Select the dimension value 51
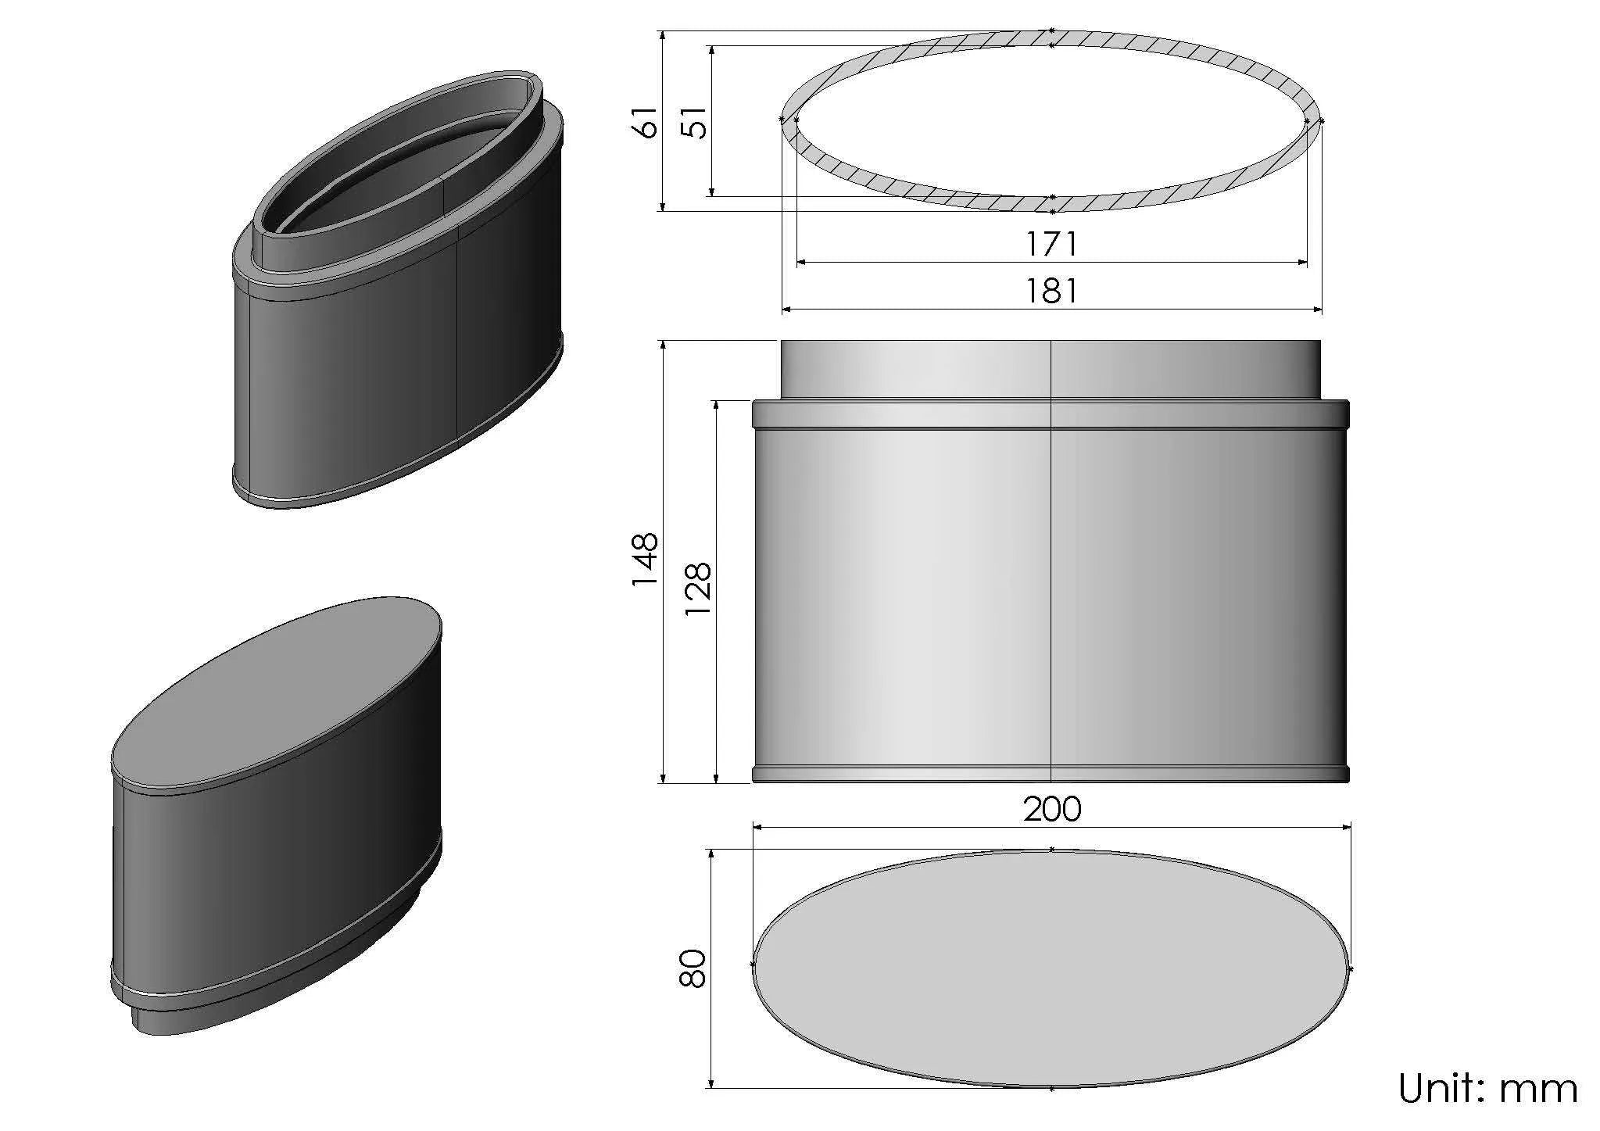point(695,121)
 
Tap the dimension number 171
point(1051,245)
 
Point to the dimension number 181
point(1051,292)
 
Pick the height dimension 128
point(698,589)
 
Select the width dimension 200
point(1052,809)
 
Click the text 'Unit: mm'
point(1487,1089)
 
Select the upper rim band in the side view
point(1051,414)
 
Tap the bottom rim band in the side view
point(1051,774)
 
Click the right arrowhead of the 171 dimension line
point(1302,263)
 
